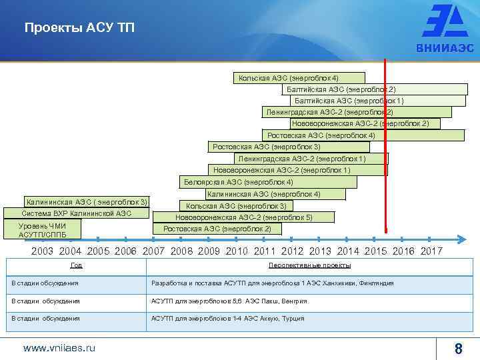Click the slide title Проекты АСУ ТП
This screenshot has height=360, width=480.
pos(79,28)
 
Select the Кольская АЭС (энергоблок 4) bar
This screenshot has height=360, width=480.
pos(299,78)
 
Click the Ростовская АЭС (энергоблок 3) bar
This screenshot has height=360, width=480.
pos(289,147)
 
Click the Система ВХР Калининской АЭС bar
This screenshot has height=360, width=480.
pos(76,213)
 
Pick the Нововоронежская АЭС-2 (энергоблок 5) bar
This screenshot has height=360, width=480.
pos(244,217)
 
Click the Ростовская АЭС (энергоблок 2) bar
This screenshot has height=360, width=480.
pos(217,229)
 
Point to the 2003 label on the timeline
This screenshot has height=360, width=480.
pos(42,251)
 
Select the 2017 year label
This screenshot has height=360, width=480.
pos(431,251)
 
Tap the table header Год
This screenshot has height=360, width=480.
pos(77,265)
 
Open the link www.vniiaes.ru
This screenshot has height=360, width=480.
pos(59,348)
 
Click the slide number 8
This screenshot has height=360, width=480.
pos(458,348)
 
